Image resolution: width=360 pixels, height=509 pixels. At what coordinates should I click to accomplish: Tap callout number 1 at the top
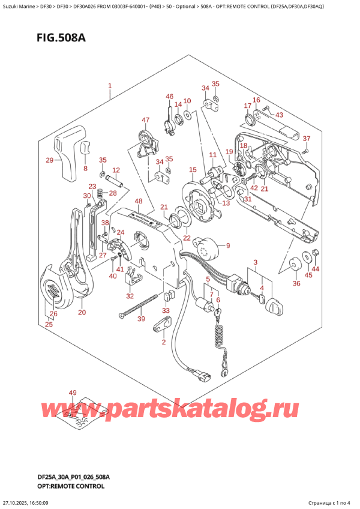pyautogui.click(x=110, y=86)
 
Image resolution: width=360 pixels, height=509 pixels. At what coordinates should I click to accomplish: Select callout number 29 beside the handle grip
pyautogui.click(x=50, y=160)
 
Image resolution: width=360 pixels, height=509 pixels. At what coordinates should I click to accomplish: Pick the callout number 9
pyautogui.click(x=227, y=245)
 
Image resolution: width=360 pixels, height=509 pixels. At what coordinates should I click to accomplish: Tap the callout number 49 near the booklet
pyautogui.click(x=73, y=393)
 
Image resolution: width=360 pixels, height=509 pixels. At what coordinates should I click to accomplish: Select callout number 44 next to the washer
pyautogui.click(x=316, y=268)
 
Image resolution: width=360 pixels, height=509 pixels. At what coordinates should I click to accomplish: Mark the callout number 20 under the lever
pyautogui.click(x=82, y=312)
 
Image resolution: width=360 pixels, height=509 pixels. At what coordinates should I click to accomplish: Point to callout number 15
pyautogui.click(x=193, y=170)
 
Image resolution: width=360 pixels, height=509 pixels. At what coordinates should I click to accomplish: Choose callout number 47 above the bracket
pyautogui.click(x=145, y=121)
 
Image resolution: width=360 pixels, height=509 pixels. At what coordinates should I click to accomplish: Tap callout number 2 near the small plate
pyautogui.click(x=163, y=342)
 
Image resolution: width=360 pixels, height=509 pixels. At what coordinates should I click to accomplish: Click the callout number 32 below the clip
pyautogui.click(x=130, y=296)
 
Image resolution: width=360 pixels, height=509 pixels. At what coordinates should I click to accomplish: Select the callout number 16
pyautogui.click(x=256, y=100)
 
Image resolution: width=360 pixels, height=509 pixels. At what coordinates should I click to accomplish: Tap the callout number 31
pyautogui.click(x=247, y=199)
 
